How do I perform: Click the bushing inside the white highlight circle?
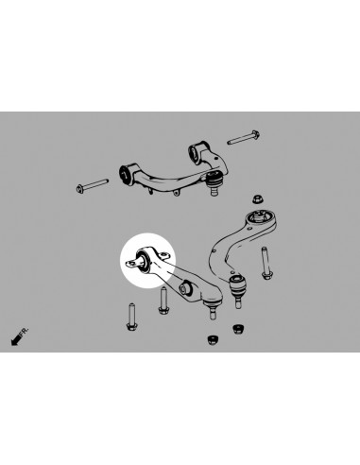(x=144, y=260)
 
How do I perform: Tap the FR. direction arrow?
(x=16, y=339)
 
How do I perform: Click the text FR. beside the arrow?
(x=24, y=332)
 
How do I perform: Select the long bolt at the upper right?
(x=243, y=138)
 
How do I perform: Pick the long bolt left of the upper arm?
(x=93, y=186)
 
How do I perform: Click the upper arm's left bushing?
(x=125, y=174)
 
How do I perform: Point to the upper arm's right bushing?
(x=195, y=153)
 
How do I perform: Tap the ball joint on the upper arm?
(x=214, y=181)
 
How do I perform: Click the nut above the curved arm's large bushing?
(x=258, y=199)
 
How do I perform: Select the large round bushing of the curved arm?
(x=259, y=218)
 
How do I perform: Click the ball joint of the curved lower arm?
(x=238, y=288)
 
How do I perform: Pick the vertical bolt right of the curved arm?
(x=266, y=263)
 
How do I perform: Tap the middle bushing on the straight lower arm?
(x=185, y=286)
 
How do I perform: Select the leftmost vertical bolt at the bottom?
(x=131, y=317)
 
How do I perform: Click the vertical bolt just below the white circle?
(x=163, y=301)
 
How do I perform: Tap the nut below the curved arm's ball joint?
(x=238, y=330)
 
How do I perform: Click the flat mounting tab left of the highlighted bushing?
(x=131, y=263)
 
